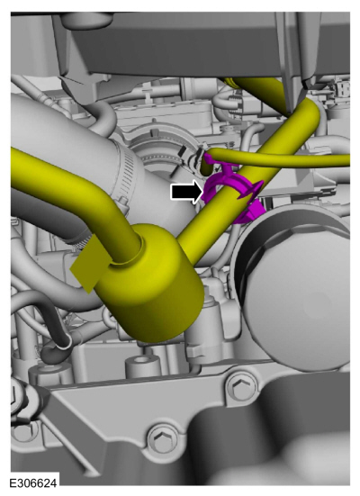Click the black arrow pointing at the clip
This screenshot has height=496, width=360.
click(x=186, y=192)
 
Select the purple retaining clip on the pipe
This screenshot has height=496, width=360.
click(x=234, y=193)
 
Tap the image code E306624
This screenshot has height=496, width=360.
click(x=33, y=483)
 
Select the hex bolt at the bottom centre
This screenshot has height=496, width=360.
click(x=163, y=438)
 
